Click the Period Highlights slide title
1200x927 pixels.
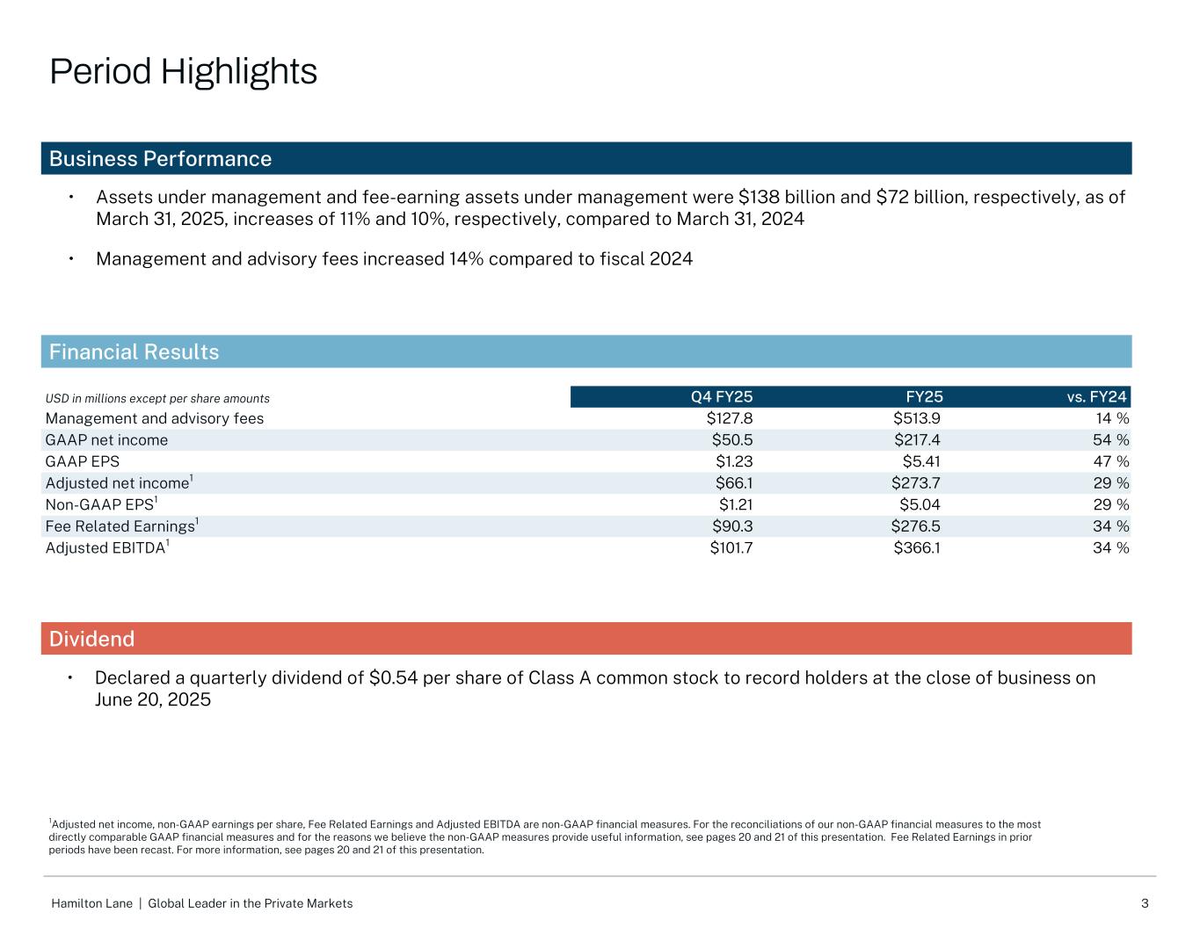pyautogui.click(x=183, y=72)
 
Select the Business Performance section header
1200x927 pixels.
pyautogui.click(x=160, y=159)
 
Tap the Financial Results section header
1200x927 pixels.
pyautogui.click(x=134, y=352)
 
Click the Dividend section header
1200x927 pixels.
pyautogui.click(x=91, y=639)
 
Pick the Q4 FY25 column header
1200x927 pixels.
pyautogui.click(x=722, y=397)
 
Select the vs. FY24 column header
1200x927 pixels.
pyautogui.click(x=1096, y=397)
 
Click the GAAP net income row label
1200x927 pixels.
pyautogui.click(x=106, y=440)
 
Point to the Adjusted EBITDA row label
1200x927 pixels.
pyautogui.click(x=107, y=548)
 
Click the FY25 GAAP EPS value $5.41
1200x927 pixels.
pyautogui.click(x=921, y=461)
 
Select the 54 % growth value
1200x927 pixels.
pyautogui.click(x=1110, y=440)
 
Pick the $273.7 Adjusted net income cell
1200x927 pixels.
pyautogui.click(x=917, y=483)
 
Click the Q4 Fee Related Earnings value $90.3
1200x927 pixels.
pyautogui.click(x=732, y=526)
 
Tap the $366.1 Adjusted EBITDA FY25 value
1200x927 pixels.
pyautogui.click(x=917, y=548)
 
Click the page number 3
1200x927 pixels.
pyautogui.click(x=1145, y=903)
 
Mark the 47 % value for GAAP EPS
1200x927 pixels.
pyautogui.click(x=1110, y=461)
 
